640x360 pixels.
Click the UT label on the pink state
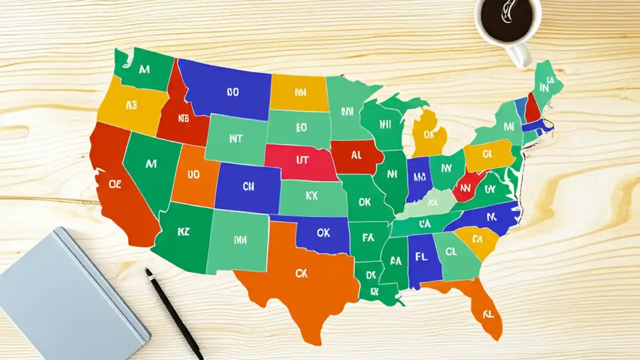[302, 160]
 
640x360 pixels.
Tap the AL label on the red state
[356, 155]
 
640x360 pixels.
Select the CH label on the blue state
[248, 186]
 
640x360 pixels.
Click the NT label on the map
[235, 139]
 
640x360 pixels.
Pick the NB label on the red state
[183, 119]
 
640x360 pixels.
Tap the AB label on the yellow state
[131, 105]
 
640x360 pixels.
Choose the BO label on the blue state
[232, 92]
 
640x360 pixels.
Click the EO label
[301, 127]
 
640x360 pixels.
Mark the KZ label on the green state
[183, 231]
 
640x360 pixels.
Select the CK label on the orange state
[301, 273]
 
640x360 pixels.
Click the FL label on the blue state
[422, 257]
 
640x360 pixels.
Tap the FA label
[367, 238]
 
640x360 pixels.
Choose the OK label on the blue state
[323, 232]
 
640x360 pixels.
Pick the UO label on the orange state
[193, 174]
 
